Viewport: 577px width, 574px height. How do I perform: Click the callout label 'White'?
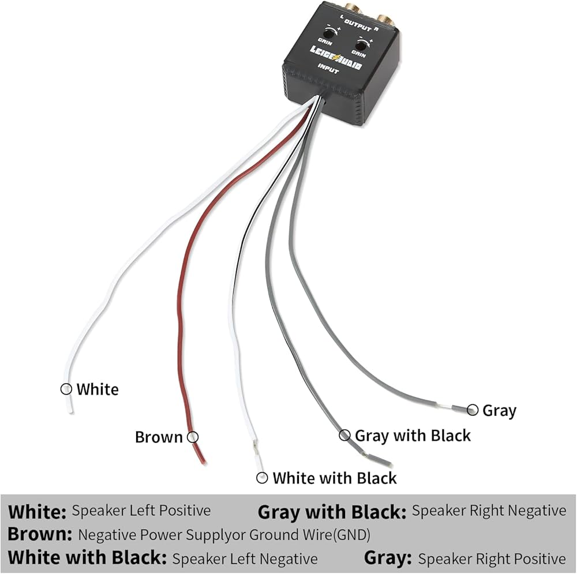(98, 389)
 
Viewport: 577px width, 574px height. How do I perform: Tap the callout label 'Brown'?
(159, 437)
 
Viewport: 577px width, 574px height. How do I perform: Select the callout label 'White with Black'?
(335, 478)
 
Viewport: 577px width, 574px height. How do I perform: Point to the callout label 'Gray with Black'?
(413, 436)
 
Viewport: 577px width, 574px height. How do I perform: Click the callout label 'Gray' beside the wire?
(499, 411)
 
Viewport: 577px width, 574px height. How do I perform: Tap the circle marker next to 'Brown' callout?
(193, 437)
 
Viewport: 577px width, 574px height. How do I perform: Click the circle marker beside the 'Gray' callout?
(473, 410)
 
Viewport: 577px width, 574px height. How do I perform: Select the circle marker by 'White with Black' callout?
(263, 478)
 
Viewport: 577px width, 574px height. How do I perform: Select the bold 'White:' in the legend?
(38, 512)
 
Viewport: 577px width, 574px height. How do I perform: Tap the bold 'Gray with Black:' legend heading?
(332, 512)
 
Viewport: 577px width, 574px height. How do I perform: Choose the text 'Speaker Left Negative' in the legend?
(245, 558)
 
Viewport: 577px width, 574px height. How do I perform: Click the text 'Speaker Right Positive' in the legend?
(492, 558)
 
